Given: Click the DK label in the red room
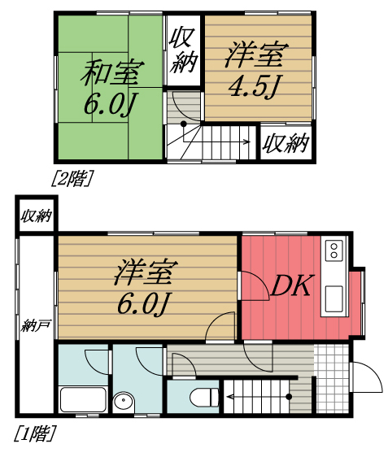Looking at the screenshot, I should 290,285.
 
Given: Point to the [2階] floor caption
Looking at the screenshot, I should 71,178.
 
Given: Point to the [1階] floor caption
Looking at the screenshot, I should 34,434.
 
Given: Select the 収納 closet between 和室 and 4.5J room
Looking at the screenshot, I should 183,50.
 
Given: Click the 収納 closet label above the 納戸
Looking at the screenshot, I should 36,215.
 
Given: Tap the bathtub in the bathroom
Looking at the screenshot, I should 83,399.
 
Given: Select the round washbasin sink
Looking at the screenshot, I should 124,401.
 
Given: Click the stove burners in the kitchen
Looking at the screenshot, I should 334,249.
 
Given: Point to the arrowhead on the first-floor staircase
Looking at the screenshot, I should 230,397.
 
